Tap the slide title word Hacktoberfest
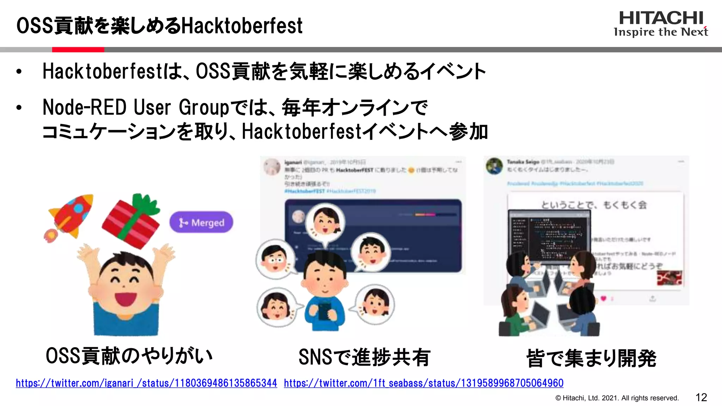242,26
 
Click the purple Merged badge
201,222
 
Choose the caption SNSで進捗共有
364,357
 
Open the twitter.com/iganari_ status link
146,383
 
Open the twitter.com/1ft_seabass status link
423,383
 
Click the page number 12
701,398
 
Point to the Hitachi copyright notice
617,398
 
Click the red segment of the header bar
78,50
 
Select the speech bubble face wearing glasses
275,259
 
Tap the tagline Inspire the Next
661,32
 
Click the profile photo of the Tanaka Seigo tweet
494,166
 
